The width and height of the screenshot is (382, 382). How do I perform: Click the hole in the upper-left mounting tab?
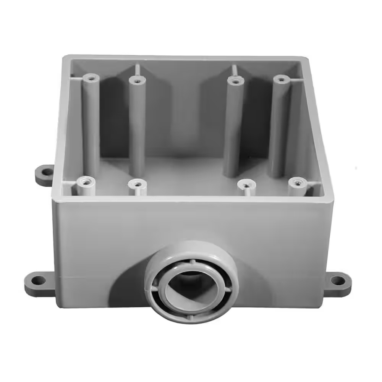point(47,172)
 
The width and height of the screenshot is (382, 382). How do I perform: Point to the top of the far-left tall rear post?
point(91,78)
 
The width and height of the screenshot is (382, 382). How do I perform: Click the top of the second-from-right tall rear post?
point(236,81)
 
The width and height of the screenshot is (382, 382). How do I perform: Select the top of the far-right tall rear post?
point(282,79)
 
